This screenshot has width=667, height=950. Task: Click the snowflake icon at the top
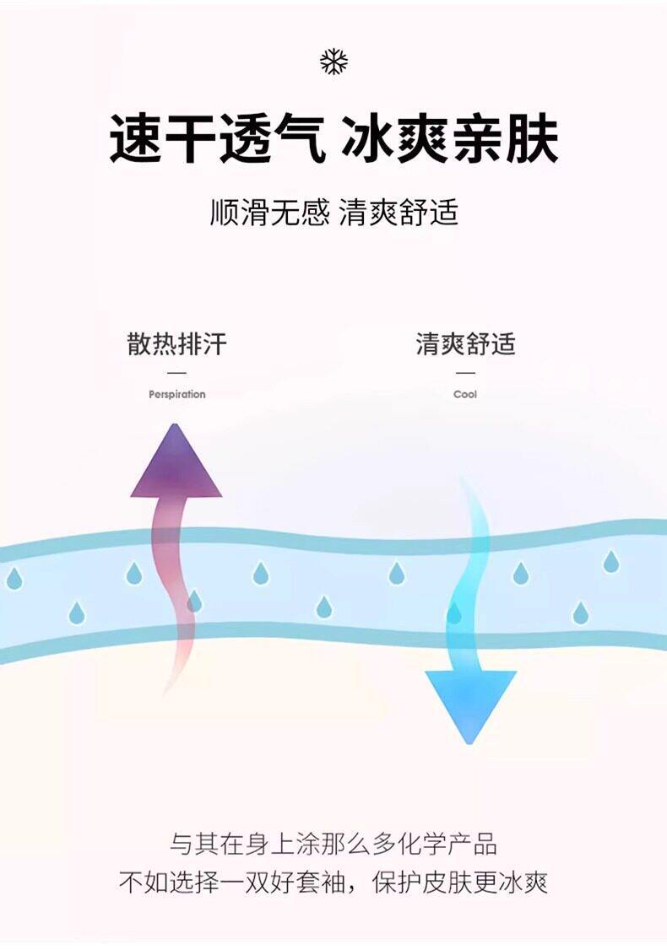coord(334,62)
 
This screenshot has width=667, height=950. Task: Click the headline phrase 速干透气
coord(216,139)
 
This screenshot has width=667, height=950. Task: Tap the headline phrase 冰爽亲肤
coord(449,139)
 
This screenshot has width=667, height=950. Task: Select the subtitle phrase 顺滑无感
coord(270,213)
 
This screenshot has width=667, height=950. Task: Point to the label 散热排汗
coord(177,343)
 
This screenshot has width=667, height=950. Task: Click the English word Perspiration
coord(177,394)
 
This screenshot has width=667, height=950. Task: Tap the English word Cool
coord(465,394)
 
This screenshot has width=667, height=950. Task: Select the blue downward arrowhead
coord(470,703)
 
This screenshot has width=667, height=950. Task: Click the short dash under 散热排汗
coord(177,373)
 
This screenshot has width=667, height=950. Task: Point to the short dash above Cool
coord(465,373)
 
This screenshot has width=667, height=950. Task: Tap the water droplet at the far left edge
coord(14,579)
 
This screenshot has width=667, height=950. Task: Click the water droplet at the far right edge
coord(611,561)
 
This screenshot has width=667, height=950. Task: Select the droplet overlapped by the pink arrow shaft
coord(194,601)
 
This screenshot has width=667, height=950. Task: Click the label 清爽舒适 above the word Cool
coord(465,343)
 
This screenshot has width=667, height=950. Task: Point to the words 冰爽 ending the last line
coord(523,883)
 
